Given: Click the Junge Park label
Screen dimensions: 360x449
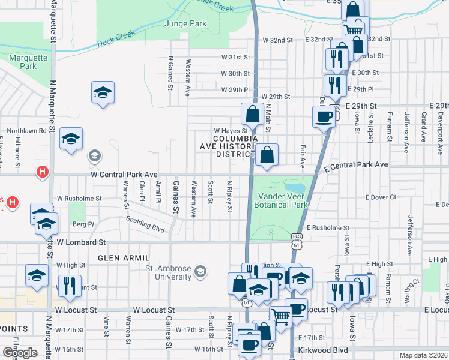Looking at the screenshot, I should click(x=185, y=24).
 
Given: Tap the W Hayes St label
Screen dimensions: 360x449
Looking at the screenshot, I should click(x=231, y=131).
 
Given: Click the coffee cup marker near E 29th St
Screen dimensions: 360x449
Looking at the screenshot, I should click(x=324, y=116).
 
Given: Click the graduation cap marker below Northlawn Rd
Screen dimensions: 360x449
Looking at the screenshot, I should click(x=71, y=139).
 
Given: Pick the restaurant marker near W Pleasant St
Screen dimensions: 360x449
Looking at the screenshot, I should click(x=70, y=286).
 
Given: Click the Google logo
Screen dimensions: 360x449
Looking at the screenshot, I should click(x=19, y=352).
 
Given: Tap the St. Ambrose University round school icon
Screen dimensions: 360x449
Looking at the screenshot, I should click(x=200, y=273).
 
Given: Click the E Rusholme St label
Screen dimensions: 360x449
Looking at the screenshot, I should click(x=327, y=228).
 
